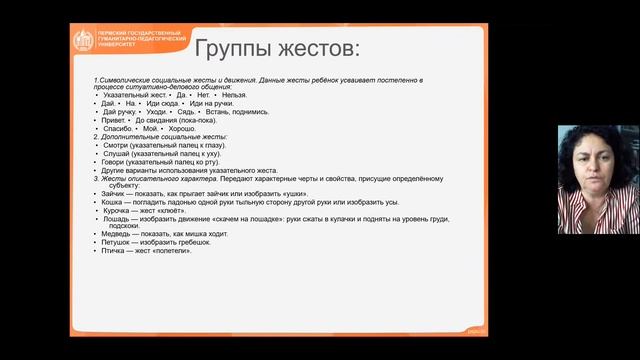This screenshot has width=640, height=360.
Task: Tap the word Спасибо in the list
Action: (115, 128)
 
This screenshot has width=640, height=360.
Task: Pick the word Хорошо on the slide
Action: (183, 128)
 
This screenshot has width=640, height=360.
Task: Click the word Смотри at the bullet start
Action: (116, 145)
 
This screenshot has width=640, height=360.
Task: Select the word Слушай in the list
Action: (116, 154)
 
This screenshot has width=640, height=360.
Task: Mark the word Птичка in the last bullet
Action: (114, 250)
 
